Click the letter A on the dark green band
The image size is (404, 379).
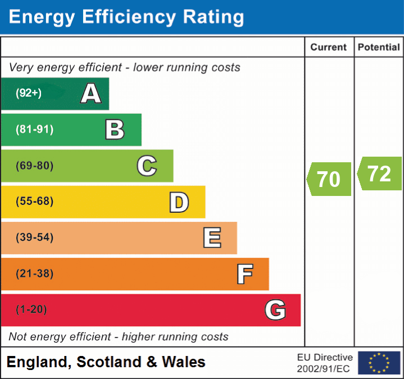click(91, 94)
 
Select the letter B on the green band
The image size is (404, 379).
click(115, 130)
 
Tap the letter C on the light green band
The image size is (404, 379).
click(147, 166)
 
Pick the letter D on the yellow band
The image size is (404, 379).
click(179, 202)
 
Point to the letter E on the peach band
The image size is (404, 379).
click(212, 238)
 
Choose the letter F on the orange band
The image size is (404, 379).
click(244, 274)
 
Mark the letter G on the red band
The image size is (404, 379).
click(275, 310)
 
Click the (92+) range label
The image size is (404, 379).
click(29, 93)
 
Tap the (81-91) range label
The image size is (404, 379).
click(34, 130)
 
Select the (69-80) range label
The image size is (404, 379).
click(34, 166)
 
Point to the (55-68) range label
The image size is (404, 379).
click(34, 202)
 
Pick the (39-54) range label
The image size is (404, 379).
click(34, 238)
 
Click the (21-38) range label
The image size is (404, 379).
click(34, 273)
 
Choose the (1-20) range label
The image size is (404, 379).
click(31, 309)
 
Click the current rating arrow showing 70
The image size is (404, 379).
click(329, 179)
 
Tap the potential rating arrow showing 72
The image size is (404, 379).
click(379, 174)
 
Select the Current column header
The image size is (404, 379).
click(329, 48)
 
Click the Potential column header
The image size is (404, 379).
click(379, 48)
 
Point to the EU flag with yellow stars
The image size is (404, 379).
click(379, 363)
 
